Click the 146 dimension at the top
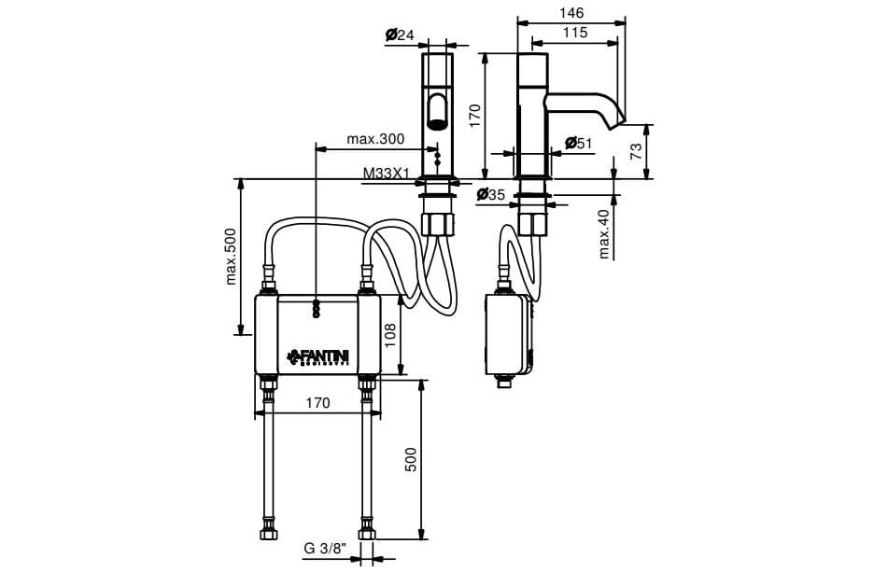(x=571, y=13)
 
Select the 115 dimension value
(x=575, y=33)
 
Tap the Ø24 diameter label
(x=400, y=35)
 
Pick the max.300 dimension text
(x=375, y=139)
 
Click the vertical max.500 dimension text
(x=232, y=254)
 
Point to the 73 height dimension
(x=637, y=150)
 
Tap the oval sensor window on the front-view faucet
(x=436, y=110)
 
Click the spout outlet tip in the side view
(x=617, y=121)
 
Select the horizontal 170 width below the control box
(x=317, y=403)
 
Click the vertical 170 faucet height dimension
(x=474, y=115)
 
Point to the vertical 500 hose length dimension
(x=412, y=459)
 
